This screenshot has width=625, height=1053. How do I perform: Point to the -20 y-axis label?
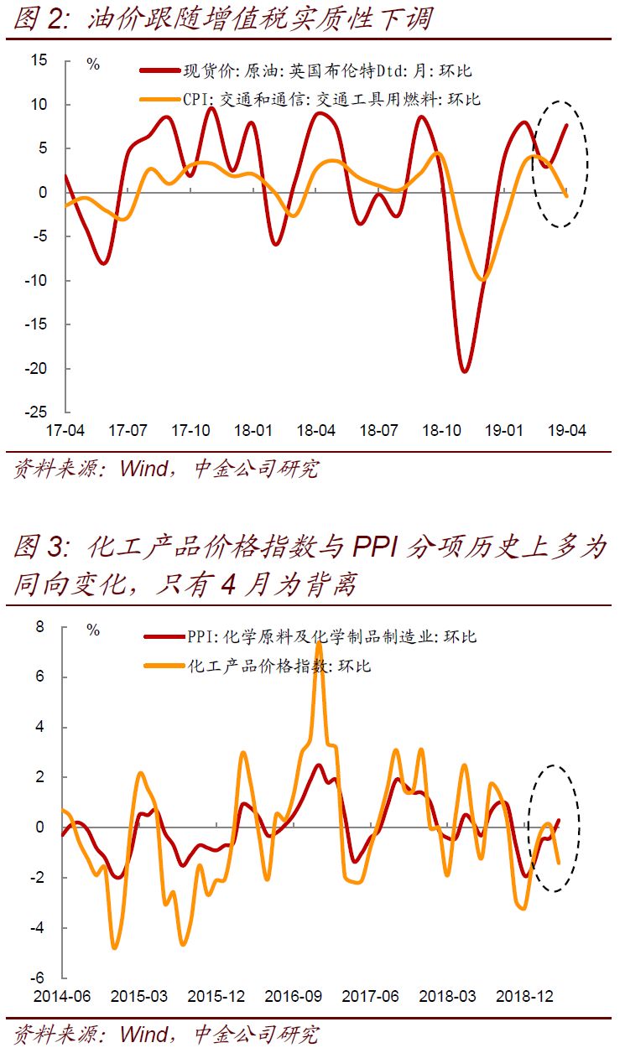pyautogui.click(x=37, y=368)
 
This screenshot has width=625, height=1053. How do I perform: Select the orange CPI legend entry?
pyautogui.click(x=331, y=99)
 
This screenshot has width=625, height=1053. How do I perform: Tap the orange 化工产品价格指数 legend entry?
pyautogui.click(x=278, y=667)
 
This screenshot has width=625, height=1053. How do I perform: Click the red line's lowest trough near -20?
pyautogui.click(x=465, y=370)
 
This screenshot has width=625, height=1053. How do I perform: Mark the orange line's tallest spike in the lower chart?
pyautogui.click(x=319, y=643)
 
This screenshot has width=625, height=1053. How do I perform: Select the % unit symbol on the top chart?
pyautogui.click(x=93, y=65)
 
